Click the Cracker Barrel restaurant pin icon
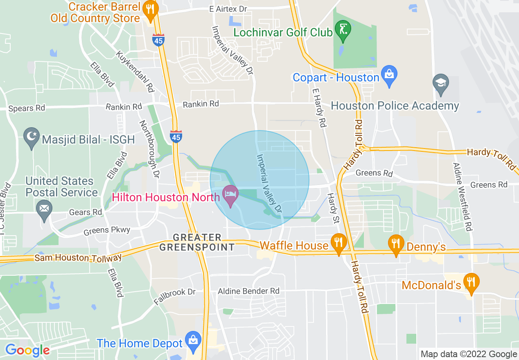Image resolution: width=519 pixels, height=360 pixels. tap(151, 11)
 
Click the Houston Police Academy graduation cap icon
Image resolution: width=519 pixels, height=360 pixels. tap(441, 83)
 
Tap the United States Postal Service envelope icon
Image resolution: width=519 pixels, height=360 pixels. tap(44, 210)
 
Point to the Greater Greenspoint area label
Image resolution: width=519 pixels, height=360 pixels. tap(197, 242)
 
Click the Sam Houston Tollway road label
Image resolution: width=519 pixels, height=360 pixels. tap(78, 258)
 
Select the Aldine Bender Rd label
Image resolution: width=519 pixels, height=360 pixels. tap(248, 291)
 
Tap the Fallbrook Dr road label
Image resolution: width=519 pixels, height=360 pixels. tap(175, 297)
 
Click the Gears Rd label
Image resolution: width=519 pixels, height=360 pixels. tap(86, 212)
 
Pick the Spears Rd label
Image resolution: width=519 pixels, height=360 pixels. tap(27, 108)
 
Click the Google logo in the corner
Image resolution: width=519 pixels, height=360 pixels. tap(27, 350)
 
